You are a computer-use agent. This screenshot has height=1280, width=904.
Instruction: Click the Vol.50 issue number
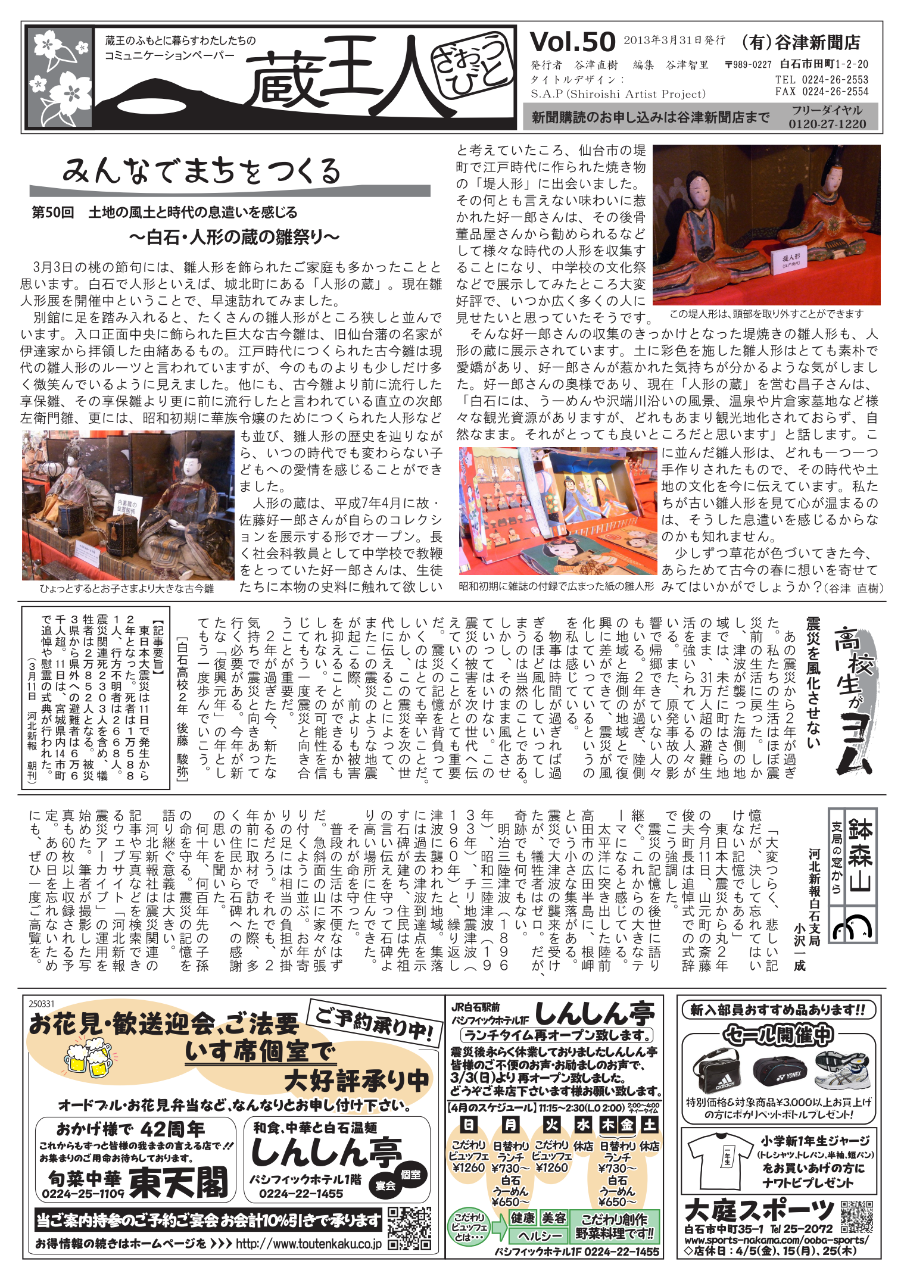coord(572,43)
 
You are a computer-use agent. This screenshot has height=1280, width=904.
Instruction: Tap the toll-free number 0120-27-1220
coord(827,124)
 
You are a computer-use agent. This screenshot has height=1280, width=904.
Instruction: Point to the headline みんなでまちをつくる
coord(201,171)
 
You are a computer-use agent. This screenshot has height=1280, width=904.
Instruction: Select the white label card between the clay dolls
coord(790,260)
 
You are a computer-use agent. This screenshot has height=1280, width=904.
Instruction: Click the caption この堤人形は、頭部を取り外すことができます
coord(766,314)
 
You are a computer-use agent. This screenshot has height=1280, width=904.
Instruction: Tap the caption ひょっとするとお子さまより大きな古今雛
coord(126,588)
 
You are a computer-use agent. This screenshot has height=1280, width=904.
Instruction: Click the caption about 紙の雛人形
coord(556,586)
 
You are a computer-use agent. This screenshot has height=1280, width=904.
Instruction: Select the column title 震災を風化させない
coord(812,682)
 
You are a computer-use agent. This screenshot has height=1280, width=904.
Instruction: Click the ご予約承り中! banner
coord(375,1025)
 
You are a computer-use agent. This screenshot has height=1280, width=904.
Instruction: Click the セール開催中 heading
coord(778,1035)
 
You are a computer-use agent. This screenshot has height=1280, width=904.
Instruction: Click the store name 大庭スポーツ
coord(759,1209)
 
